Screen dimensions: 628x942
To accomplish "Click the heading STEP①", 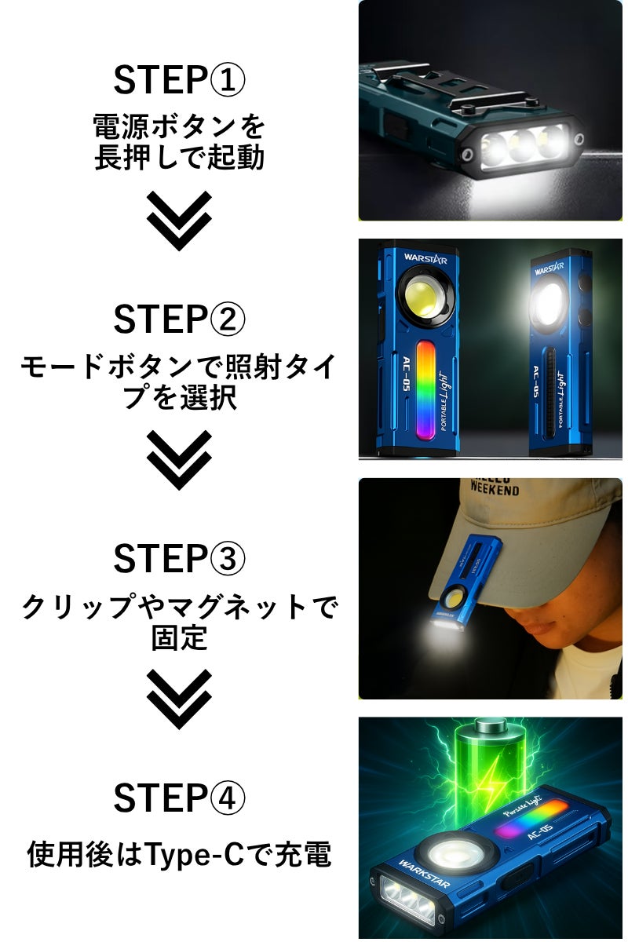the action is (x=179, y=79).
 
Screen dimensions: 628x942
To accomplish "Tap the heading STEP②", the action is (x=179, y=319).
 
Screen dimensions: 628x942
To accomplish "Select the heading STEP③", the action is (x=179, y=558).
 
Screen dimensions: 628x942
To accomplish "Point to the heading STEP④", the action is (x=179, y=798).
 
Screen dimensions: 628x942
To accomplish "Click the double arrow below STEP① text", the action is (x=179, y=221).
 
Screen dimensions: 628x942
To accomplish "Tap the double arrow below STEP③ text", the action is (x=179, y=699).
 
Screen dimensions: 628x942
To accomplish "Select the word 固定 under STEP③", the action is (x=179, y=637).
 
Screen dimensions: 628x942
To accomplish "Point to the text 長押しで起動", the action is (x=179, y=157).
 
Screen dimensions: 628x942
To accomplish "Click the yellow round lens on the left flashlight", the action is (x=424, y=298).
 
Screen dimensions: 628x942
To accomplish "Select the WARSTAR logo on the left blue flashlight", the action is (x=425, y=258).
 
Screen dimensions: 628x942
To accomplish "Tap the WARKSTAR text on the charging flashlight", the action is (x=424, y=873).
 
